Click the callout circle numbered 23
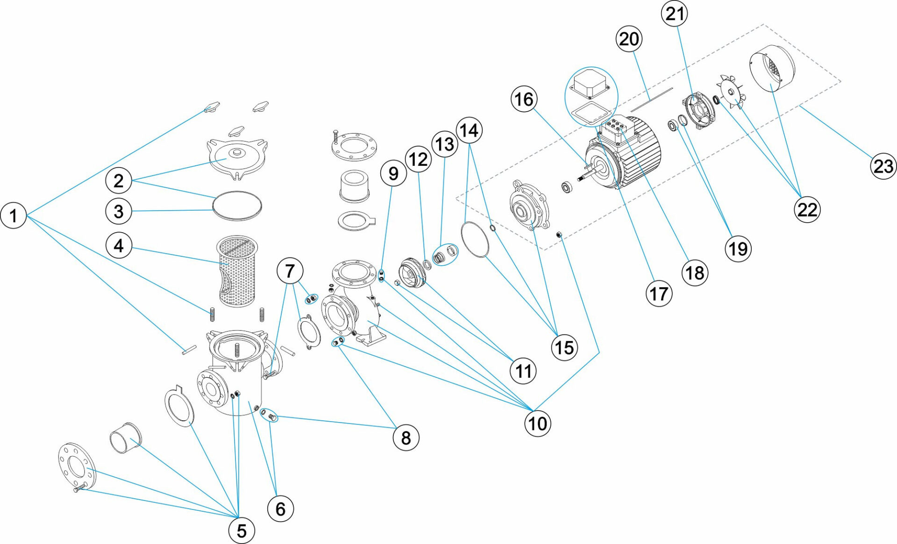[883, 166]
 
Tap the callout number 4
[119, 246]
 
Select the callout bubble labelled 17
[659, 294]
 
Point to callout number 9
[393, 173]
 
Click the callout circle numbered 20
[629, 39]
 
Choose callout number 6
[280, 509]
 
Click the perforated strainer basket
[237, 271]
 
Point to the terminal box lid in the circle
[591, 83]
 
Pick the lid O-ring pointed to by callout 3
[237, 205]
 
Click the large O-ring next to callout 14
[475, 240]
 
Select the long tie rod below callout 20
[652, 99]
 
